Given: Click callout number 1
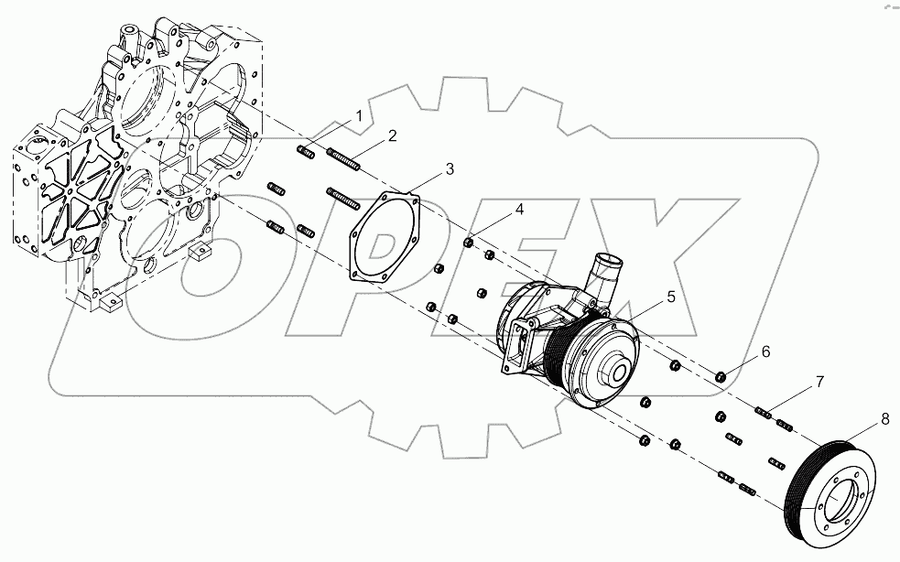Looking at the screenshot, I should (x=360, y=116).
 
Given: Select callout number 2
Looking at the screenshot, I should (x=392, y=136).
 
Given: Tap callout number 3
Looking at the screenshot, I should (x=450, y=168).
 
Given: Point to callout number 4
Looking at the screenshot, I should (x=519, y=211).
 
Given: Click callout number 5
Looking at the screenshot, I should (x=670, y=297).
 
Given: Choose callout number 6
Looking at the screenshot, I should (x=765, y=351).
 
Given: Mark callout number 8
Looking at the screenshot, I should (x=884, y=420).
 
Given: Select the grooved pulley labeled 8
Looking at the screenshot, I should (x=830, y=481).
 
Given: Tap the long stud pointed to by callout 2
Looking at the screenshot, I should (x=342, y=161).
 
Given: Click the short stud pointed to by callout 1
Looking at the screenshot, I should (x=306, y=152).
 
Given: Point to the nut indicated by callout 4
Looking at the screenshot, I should (x=469, y=243).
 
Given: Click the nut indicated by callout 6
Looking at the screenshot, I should (x=721, y=376).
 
